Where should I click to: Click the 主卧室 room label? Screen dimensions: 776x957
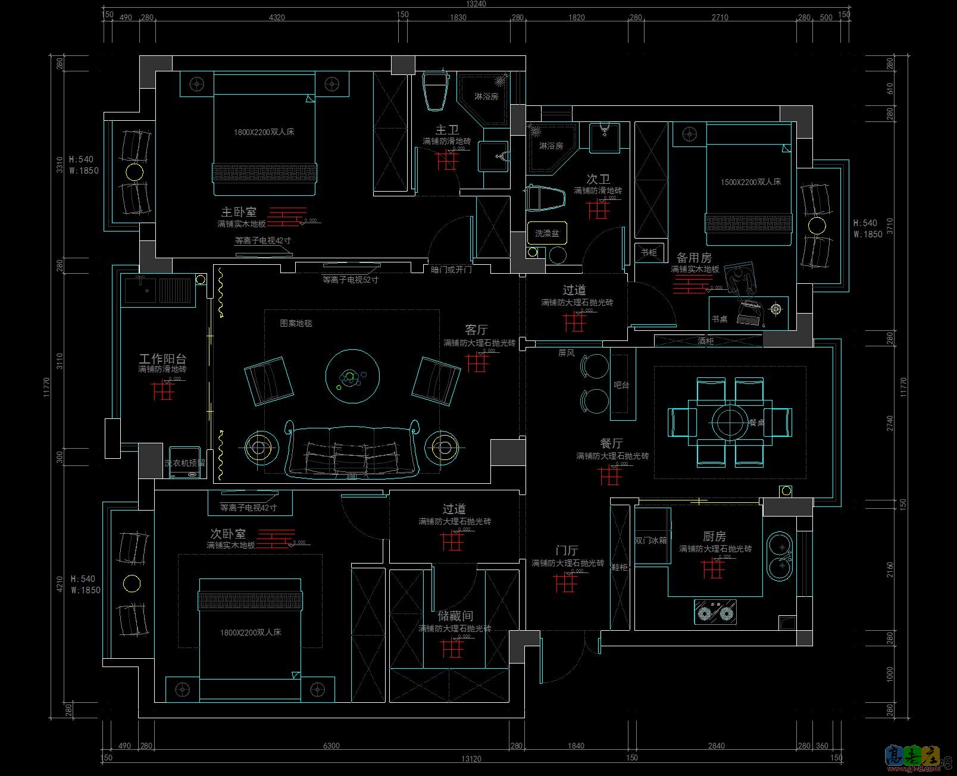239,212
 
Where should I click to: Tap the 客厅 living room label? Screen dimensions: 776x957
476,330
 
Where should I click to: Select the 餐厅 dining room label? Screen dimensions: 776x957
611,443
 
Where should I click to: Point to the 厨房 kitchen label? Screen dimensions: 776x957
714,536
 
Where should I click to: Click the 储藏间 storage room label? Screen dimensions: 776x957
455,616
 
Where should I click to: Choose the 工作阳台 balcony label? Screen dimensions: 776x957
162,358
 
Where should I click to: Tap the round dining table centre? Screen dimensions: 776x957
730,421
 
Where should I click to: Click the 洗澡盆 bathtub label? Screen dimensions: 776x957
547,233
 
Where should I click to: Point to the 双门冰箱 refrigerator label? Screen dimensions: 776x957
650,541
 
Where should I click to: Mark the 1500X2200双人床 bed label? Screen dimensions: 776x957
750,182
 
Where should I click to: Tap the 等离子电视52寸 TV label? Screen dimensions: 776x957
350,279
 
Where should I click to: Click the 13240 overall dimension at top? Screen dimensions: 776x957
476,4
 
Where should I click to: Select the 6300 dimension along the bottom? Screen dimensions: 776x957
331,746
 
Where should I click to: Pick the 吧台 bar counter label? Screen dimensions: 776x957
621,385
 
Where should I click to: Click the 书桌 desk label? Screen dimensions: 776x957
720,319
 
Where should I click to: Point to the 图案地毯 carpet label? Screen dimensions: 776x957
296,323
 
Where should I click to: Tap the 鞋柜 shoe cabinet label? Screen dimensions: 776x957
620,567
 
